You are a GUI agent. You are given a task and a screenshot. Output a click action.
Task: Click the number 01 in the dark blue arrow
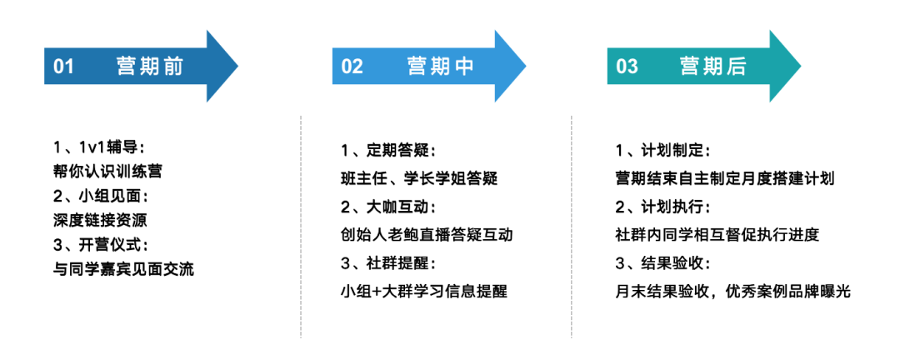coord(64,67)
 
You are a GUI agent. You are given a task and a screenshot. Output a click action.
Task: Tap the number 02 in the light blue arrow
coord(352,67)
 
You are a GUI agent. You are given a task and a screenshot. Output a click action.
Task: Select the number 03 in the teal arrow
coord(627,67)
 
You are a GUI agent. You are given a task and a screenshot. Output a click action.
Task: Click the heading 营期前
coord(150,67)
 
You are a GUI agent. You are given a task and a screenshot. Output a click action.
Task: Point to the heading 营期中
coord(441,67)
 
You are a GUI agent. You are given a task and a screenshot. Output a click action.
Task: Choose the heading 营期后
coord(713,67)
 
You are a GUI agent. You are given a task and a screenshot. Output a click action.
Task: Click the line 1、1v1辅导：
coord(99,147)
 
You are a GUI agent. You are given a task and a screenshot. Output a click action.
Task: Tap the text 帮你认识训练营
coord(107,172)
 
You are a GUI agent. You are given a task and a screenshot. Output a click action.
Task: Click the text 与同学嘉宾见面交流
coord(122,270)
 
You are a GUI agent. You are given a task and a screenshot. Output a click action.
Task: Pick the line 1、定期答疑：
coord(389,151)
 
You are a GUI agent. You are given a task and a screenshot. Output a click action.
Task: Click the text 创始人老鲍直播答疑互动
coord(427,235)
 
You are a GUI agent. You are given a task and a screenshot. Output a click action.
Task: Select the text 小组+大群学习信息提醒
coord(423,292)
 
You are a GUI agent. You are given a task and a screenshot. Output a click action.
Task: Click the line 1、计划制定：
coord(662,151)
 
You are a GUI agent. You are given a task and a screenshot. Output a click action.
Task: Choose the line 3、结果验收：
coord(662,263)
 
